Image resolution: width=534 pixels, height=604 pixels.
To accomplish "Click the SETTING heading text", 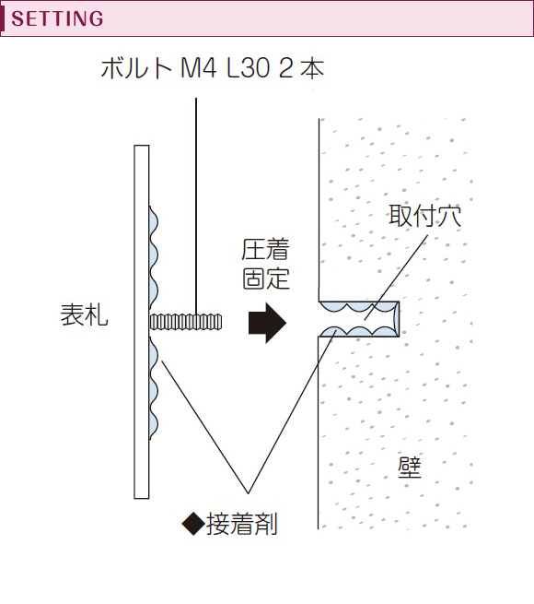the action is coord(57,18).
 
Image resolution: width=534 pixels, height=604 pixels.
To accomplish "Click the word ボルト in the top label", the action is coord(136,68).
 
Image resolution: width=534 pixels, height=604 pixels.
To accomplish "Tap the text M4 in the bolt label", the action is coord(198,68).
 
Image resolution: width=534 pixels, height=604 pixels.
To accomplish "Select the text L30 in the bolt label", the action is coord(248,68).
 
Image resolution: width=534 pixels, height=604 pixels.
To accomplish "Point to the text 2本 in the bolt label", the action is coord(302,68).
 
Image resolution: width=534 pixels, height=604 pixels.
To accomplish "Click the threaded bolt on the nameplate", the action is coord(186,322).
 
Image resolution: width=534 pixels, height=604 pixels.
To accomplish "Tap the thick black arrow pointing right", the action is coord(267,323).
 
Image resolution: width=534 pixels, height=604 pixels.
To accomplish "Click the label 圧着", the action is coord(265,250).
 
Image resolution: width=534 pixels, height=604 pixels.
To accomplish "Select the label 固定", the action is coord(265,278).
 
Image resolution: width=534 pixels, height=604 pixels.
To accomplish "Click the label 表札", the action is coord(85,314).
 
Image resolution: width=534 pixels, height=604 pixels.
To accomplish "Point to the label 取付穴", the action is coord(424,216).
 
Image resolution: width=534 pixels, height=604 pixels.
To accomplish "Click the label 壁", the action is coord(410,468).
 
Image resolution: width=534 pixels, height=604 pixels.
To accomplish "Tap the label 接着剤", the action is coord(241,525).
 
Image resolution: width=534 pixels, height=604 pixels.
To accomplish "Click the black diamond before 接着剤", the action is coord(193,524).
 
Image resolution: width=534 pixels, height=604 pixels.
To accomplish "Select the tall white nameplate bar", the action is coord(142,322).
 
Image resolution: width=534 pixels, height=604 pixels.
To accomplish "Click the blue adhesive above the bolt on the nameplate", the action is coord(154,257).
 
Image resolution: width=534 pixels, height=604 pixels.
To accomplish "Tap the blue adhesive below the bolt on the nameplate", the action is coord(154,387).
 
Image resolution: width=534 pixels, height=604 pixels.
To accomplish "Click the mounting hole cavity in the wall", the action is coord(359,319).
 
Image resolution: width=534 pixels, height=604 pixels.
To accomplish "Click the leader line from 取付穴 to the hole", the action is coord(396,278).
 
